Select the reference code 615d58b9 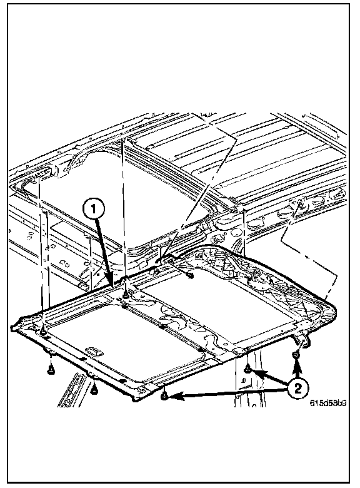click(x=328, y=403)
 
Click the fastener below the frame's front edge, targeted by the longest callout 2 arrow click(x=164, y=396)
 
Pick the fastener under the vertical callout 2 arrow click(x=296, y=355)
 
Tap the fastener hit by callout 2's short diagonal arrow click(x=247, y=369)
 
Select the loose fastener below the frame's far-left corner click(x=50, y=370)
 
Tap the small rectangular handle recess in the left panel click(x=95, y=351)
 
